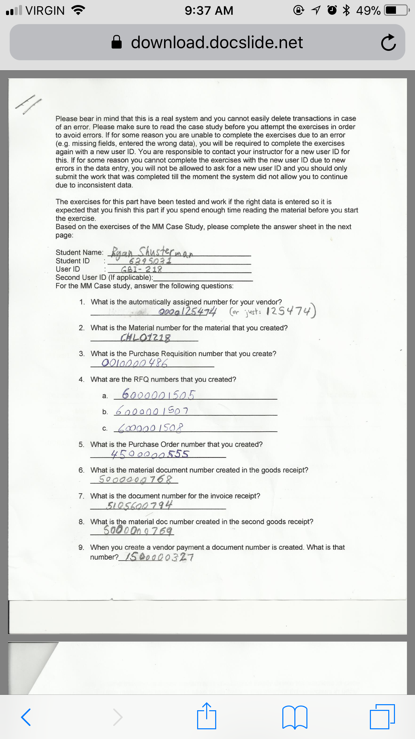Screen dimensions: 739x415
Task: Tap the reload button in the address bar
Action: pyautogui.click(x=388, y=43)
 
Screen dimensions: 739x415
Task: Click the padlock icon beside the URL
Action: pyautogui.click(x=116, y=43)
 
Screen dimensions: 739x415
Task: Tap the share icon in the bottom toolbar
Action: pyautogui.click(x=206, y=716)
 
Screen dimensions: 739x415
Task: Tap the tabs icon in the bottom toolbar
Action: pyautogui.click(x=382, y=716)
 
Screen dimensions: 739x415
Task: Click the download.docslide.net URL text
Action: pyautogui.click(x=217, y=43)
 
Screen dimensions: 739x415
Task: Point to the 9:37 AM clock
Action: pyautogui.click(x=209, y=11)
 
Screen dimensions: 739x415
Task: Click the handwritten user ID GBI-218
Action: pyautogui.click(x=142, y=269)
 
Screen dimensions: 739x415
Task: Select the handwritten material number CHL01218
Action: pyautogui.click(x=145, y=337)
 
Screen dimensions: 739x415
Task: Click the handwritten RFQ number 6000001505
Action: pyautogui.click(x=158, y=395)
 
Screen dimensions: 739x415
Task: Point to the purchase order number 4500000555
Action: pyautogui.click(x=150, y=454)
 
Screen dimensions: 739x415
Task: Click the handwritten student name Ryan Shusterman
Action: pyautogui.click(x=152, y=252)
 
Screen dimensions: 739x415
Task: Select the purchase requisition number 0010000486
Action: pyautogui.click(x=135, y=363)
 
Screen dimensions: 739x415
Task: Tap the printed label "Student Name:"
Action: pyautogui.click(x=80, y=252)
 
